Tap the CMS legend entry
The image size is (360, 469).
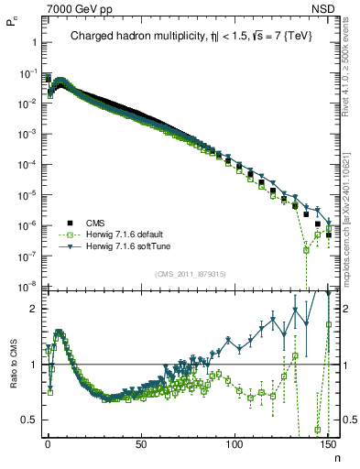95,223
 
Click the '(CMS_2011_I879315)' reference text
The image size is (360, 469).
190,274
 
